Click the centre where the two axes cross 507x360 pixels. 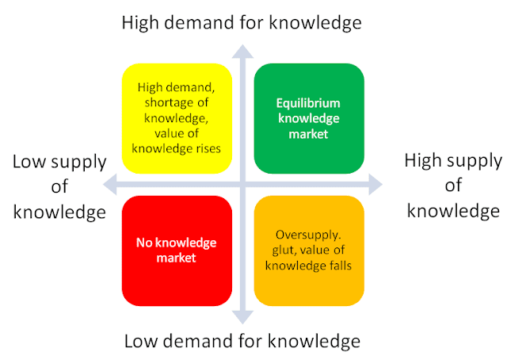coord(242,185)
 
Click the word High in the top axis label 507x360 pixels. coord(139,22)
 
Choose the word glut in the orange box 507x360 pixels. coord(284,251)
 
